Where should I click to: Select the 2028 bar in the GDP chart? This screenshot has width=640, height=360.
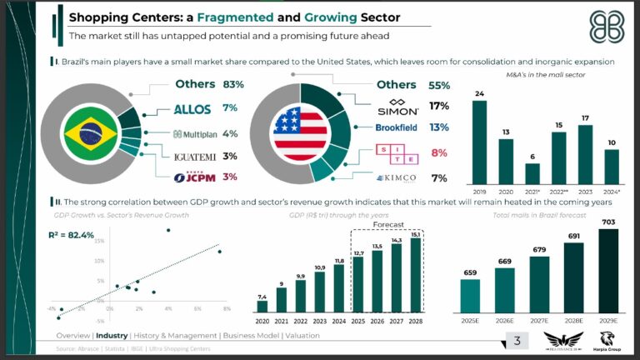[416, 276]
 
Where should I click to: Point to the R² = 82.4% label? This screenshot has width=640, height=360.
[72, 235]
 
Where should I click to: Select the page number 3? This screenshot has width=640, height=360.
[517, 340]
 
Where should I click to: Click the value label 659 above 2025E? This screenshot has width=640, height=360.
[470, 272]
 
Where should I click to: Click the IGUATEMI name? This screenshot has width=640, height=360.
[195, 156]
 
